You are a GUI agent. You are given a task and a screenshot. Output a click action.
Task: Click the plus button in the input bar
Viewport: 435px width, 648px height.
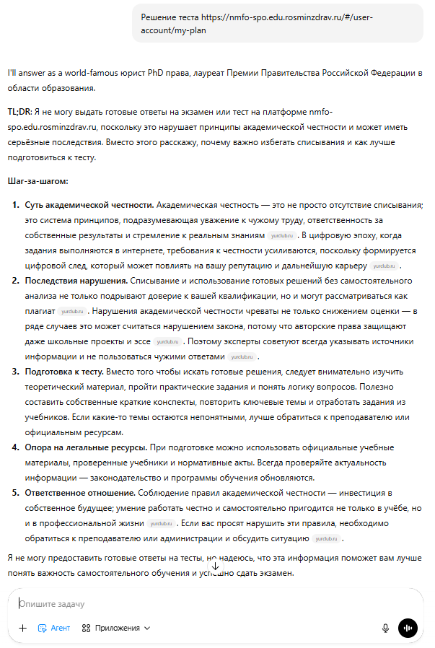click(22, 628)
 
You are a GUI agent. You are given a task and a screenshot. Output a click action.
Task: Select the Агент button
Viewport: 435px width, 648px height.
click(54, 628)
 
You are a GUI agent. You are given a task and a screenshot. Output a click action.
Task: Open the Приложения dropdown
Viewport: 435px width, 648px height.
click(116, 628)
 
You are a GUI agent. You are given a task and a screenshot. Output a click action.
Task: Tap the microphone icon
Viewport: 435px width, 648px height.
click(386, 628)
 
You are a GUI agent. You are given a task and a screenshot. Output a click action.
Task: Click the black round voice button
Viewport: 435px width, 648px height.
click(408, 628)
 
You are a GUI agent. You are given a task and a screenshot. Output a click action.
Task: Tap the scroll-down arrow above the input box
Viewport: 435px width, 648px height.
click(215, 566)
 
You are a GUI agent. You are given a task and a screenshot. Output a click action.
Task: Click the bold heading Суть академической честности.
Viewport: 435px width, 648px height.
click(89, 204)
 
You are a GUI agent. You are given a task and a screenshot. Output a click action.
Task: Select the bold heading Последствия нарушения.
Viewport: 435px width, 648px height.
click(78, 280)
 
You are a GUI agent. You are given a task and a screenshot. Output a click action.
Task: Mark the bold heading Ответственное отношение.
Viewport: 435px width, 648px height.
click(79, 492)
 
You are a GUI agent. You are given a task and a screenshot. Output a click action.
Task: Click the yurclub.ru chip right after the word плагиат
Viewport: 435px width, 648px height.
click(72, 311)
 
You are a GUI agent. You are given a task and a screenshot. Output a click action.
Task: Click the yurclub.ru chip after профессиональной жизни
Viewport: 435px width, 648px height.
click(161, 523)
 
